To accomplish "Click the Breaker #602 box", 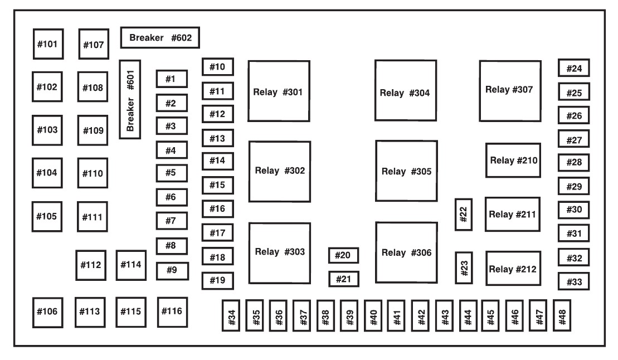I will (x=160, y=38).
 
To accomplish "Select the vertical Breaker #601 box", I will (x=130, y=99).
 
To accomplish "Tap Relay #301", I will (x=279, y=91).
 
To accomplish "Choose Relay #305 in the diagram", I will (x=406, y=171).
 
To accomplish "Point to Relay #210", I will (x=513, y=160).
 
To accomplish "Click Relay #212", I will (x=513, y=269).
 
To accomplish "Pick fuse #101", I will (x=47, y=43).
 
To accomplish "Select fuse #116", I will (x=172, y=310).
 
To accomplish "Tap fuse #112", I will (x=90, y=264).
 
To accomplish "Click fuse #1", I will (x=171, y=79).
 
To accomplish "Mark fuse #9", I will (x=172, y=270).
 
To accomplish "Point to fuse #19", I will (x=217, y=280).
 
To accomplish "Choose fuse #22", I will (x=464, y=214).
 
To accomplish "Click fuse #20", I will (x=343, y=255).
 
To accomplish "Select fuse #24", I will (x=573, y=69).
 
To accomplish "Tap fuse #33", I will (x=573, y=282).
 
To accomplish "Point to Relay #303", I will (x=279, y=252).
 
